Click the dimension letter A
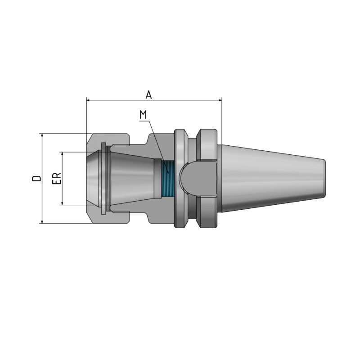tap(148, 94)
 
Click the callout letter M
tap(144, 115)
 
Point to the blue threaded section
tap(167, 179)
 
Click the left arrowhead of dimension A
tap(88, 100)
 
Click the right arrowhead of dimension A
tap(220, 100)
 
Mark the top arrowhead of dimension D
tap(42, 135)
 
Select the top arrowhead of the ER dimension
tap(62, 154)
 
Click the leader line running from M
tap(156, 144)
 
